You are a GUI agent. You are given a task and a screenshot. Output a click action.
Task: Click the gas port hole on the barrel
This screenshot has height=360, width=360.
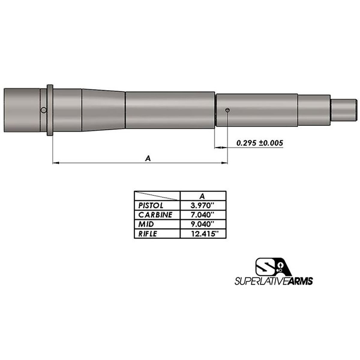(227, 110)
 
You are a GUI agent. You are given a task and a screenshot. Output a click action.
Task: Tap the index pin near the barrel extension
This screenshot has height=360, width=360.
(43, 110)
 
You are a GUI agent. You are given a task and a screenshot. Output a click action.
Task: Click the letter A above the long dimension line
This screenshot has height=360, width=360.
(148, 159)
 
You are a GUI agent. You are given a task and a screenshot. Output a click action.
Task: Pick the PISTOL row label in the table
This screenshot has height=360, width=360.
(151, 206)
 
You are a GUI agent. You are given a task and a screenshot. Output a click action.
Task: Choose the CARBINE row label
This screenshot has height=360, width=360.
(155, 215)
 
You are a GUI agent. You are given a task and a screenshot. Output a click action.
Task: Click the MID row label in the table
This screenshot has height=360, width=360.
(146, 224)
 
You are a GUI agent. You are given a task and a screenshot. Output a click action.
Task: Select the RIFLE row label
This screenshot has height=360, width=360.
(147, 234)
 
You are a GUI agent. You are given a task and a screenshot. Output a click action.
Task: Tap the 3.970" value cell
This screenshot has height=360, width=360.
(203, 205)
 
